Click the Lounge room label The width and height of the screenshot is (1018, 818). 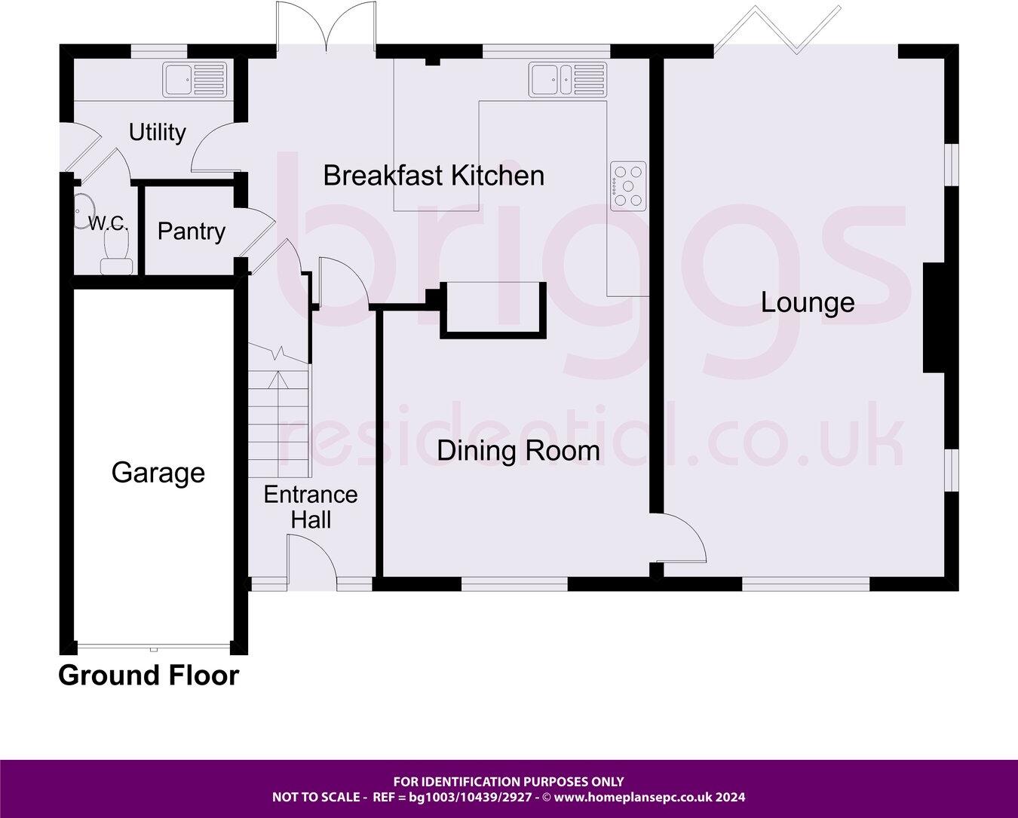(x=807, y=303)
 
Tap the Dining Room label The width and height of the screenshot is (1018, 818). (x=518, y=451)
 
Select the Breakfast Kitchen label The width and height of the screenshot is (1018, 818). (x=434, y=176)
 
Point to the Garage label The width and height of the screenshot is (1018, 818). (x=158, y=473)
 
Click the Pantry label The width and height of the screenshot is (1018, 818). (x=191, y=231)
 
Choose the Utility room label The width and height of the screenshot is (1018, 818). (x=157, y=133)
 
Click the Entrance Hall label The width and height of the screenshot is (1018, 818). (x=310, y=507)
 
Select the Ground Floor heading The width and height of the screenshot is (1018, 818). (x=149, y=676)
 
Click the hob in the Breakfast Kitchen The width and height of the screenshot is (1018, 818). (x=628, y=185)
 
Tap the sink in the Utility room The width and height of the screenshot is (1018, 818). (x=194, y=79)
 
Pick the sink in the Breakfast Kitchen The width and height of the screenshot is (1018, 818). (x=567, y=79)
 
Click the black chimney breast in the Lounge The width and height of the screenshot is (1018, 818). (x=934, y=317)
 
